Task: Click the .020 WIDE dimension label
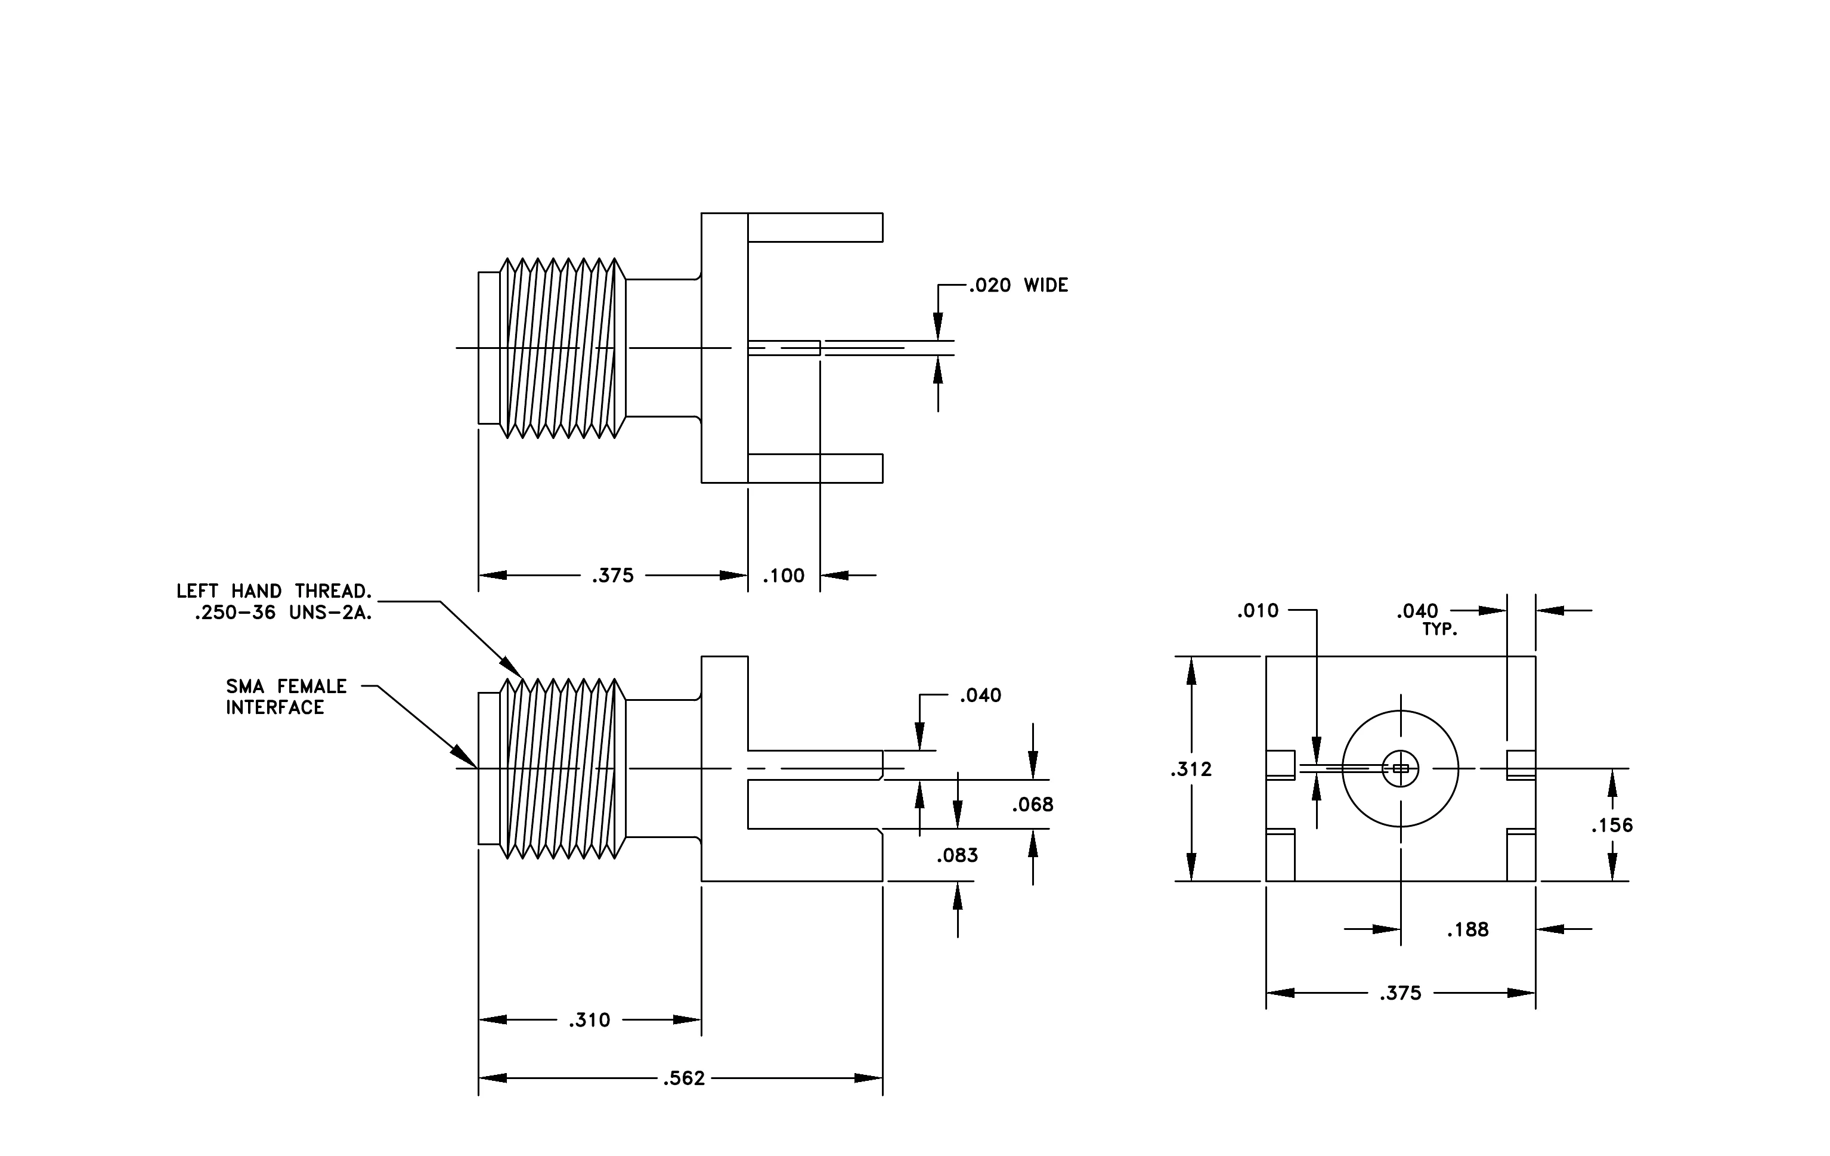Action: click(1018, 285)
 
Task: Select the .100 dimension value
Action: click(784, 576)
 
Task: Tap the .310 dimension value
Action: click(590, 1020)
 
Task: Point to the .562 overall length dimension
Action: click(684, 1078)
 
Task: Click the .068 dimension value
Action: click(1033, 805)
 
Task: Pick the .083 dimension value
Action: click(958, 856)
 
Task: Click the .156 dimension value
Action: click(1612, 826)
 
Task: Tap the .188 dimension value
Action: click(1467, 929)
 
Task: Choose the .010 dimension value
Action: click(1258, 611)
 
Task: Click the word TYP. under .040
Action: click(1440, 630)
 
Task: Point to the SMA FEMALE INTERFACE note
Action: click(286, 697)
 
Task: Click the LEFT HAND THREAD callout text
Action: click(274, 591)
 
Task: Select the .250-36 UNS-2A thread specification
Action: click(283, 613)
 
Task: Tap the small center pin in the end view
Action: click(1401, 768)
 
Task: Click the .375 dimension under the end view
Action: click(1401, 993)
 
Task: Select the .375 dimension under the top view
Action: click(612, 576)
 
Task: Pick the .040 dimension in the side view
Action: click(980, 696)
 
